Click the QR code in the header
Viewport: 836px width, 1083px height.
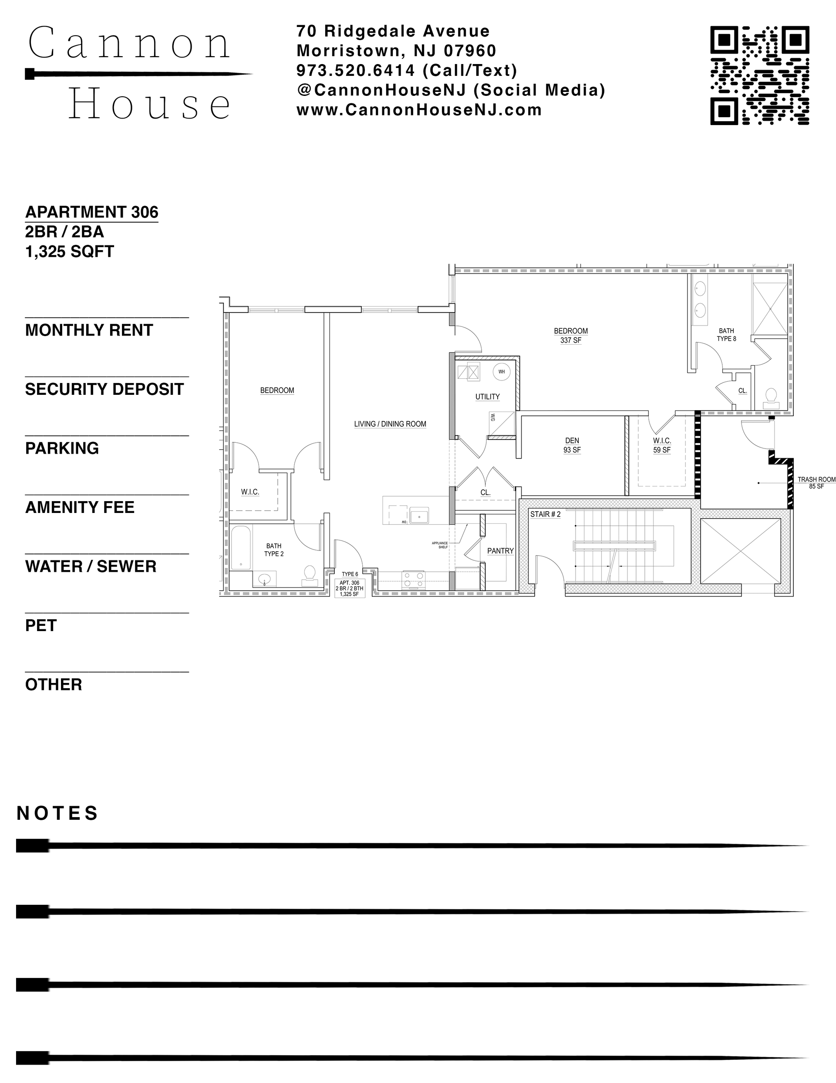(x=759, y=75)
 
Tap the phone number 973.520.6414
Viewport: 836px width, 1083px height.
(x=356, y=71)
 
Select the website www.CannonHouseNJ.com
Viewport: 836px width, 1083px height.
(x=419, y=109)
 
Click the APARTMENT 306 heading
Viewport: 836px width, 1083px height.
(x=92, y=212)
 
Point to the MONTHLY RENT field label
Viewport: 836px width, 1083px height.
(x=89, y=330)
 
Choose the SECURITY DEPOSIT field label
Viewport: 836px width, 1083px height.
(x=104, y=389)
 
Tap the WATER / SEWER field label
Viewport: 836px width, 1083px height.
(x=91, y=566)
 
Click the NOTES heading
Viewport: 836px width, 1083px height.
(x=57, y=814)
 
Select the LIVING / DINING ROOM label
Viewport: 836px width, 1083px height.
(x=390, y=424)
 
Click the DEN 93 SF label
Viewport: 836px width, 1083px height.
(x=572, y=445)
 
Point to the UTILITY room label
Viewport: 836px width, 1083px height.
(x=487, y=397)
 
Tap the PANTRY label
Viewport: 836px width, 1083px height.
(x=500, y=551)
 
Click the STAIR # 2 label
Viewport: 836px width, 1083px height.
(x=545, y=514)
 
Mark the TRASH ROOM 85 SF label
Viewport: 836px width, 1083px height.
(x=816, y=482)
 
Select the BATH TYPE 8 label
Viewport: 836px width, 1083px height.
(x=726, y=335)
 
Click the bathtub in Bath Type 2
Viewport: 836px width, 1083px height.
(x=241, y=548)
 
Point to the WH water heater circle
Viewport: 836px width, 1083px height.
(x=502, y=372)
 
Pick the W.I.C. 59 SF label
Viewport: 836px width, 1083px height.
(x=661, y=445)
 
